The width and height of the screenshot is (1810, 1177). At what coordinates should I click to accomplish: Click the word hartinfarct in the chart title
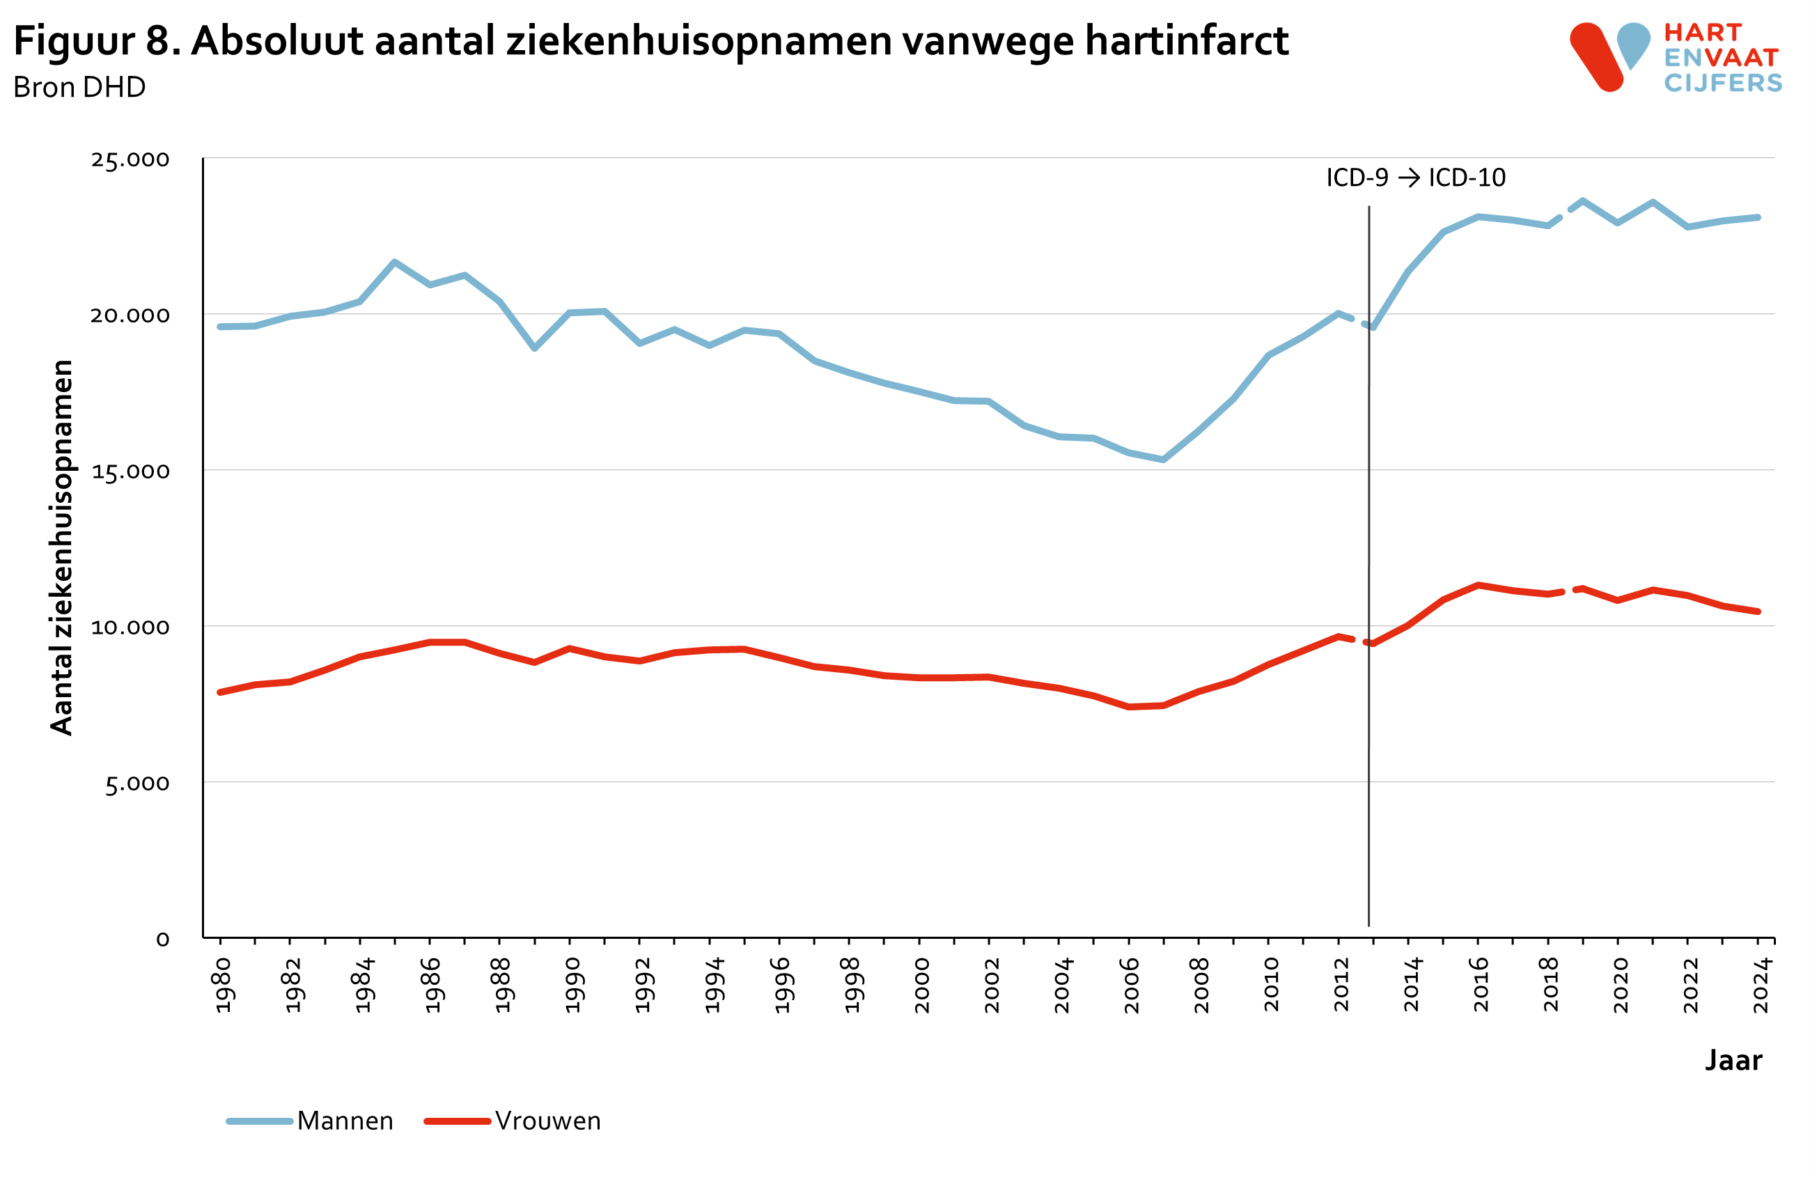point(1187,41)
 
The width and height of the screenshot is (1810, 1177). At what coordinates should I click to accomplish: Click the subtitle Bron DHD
point(79,88)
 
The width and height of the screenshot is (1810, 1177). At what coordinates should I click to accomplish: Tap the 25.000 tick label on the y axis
point(130,159)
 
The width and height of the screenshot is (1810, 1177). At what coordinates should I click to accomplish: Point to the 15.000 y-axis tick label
point(130,471)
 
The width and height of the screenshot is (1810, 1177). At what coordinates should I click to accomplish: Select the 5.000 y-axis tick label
point(137,783)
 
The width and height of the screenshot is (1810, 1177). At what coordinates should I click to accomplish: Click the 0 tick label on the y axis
point(163,940)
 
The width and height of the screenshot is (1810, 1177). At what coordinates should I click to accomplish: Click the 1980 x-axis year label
point(222,985)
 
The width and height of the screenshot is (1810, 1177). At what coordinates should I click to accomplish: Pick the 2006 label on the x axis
point(1131,985)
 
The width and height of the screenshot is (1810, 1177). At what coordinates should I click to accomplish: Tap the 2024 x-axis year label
point(1761,985)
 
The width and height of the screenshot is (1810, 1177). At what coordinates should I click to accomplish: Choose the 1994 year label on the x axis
point(712,985)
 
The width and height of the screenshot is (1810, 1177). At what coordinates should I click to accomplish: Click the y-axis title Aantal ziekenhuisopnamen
point(61,547)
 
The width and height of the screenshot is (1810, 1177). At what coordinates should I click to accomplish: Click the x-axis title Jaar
point(1733,1060)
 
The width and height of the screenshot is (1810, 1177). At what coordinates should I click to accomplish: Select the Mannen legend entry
point(345,1121)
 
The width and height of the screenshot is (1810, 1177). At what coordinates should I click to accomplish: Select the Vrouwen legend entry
point(547,1121)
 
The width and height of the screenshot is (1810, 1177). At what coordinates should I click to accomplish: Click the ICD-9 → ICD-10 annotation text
point(1415,178)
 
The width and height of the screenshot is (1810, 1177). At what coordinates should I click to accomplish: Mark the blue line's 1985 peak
point(394,263)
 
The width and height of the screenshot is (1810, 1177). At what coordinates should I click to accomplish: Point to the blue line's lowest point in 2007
point(1164,459)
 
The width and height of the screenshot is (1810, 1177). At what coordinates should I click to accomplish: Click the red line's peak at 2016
point(1478,585)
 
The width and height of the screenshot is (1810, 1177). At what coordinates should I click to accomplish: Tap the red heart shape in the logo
point(1597,58)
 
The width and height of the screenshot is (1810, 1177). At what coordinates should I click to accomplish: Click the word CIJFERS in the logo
point(1722,83)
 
